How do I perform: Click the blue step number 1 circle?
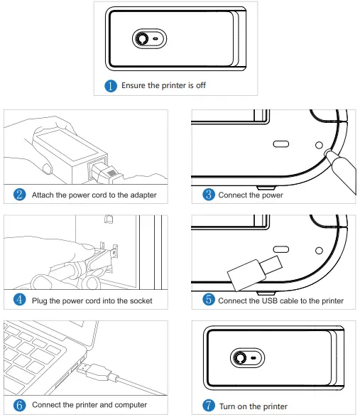tap(111, 86)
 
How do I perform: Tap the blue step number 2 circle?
tap(20, 195)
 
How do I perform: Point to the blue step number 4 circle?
tap(20, 300)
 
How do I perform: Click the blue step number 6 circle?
tap(20, 405)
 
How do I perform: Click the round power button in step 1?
tap(143, 39)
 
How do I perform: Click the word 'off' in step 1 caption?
tap(200, 86)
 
